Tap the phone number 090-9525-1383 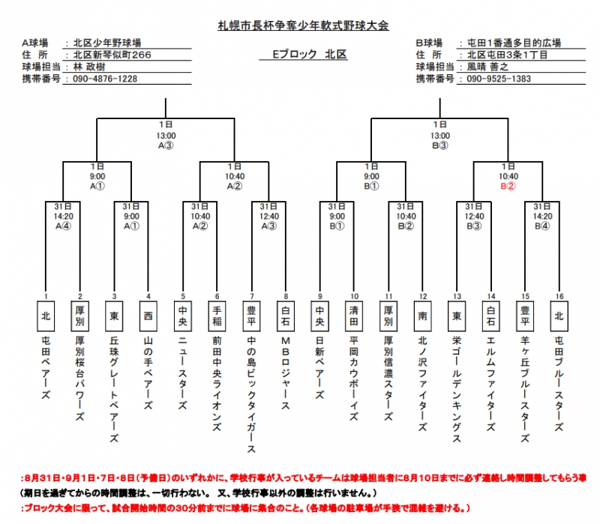click(x=499, y=79)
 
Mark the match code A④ click(x=63, y=225)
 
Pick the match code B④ click(x=543, y=225)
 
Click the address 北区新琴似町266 click(x=109, y=55)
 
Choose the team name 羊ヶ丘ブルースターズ click(x=526, y=390)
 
